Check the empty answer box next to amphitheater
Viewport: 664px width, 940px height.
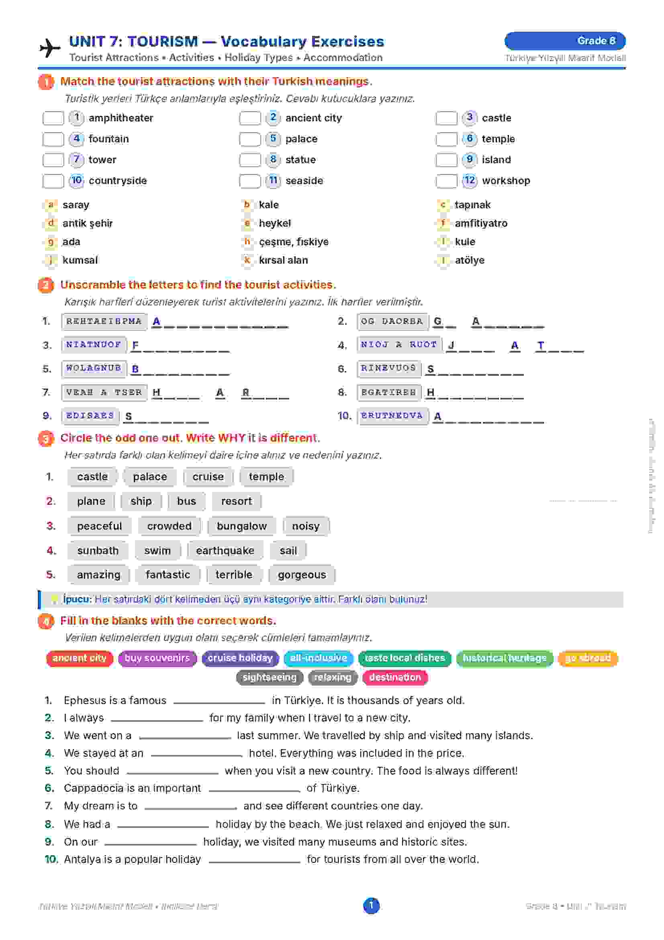point(53,118)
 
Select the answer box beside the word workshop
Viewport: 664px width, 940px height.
point(446,180)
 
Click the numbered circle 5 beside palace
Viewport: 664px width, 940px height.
point(273,139)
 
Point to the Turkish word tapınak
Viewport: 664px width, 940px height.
point(472,205)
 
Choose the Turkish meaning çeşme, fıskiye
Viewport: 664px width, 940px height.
point(293,242)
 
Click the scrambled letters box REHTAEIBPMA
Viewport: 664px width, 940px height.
point(104,322)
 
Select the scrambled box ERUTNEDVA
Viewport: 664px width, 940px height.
point(392,416)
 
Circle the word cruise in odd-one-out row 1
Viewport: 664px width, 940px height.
point(208,477)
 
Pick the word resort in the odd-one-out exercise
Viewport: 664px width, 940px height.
point(236,501)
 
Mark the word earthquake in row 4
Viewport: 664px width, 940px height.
point(225,551)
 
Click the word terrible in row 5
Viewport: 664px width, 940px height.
point(234,575)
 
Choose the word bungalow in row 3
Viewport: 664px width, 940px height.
point(241,526)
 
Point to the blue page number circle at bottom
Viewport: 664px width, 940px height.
point(371,905)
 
